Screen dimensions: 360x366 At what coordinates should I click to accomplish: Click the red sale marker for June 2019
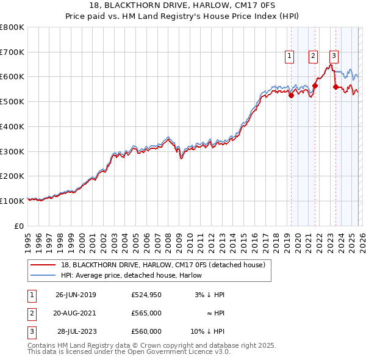pyautogui.click(x=291, y=95)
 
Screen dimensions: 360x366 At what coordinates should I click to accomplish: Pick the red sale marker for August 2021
pyautogui.click(x=315, y=85)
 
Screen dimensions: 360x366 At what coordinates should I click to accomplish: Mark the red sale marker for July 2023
pyautogui.click(x=335, y=87)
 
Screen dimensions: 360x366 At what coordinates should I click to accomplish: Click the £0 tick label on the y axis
pyautogui.click(x=20, y=226)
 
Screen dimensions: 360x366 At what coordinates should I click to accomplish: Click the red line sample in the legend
pyautogui.click(x=43, y=265)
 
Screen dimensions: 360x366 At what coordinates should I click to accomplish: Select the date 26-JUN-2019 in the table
pyautogui.click(x=76, y=295)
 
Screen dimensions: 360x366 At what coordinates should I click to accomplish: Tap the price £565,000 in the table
pyautogui.click(x=146, y=313)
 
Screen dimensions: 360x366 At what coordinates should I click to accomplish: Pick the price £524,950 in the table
pyautogui.click(x=146, y=295)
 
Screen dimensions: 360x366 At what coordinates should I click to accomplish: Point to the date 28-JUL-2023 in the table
pyautogui.click(x=76, y=331)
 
